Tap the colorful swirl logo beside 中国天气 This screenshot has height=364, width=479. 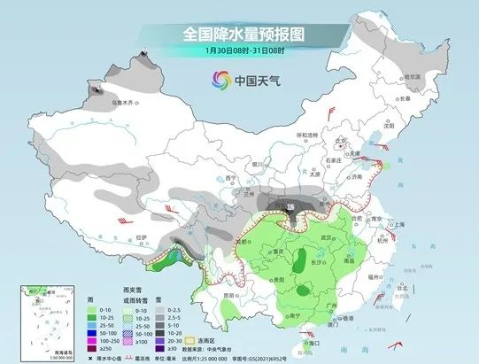click(x=217, y=81)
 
